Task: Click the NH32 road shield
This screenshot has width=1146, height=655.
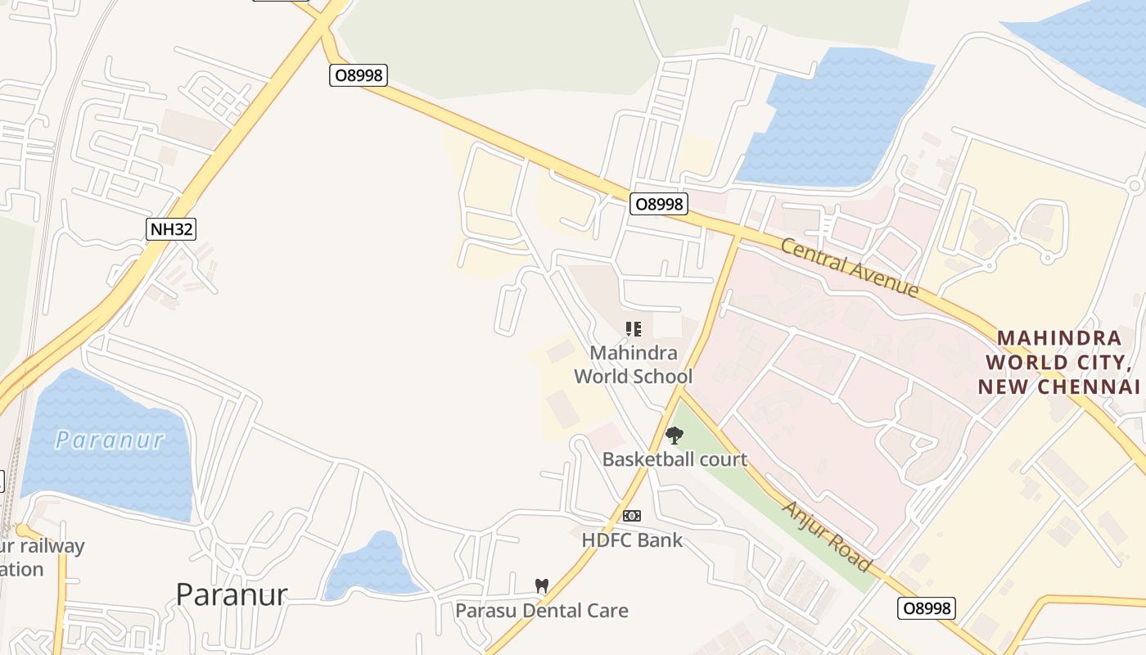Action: tap(172, 228)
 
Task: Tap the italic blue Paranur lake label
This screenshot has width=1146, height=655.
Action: tap(110, 440)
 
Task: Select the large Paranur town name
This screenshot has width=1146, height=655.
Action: tap(232, 594)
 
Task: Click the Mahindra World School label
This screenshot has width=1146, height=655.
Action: tap(633, 364)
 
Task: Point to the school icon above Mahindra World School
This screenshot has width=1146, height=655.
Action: tap(633, 329)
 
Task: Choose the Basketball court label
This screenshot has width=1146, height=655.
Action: tap(675, 459)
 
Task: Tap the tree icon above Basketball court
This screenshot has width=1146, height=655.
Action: tap(674, 436)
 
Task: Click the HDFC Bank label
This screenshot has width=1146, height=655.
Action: tap(632, 540)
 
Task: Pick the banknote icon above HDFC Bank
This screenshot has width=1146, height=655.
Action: tap(631, 516)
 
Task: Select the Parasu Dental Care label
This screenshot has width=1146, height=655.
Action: tap(542, 610)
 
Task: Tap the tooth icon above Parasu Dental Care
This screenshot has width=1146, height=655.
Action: tap(541, 586)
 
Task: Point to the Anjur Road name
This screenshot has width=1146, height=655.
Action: tap(826, 535)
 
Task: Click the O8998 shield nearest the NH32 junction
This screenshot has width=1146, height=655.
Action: tap(358, 75)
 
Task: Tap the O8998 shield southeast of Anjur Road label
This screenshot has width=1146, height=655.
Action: tap(926, 608)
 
